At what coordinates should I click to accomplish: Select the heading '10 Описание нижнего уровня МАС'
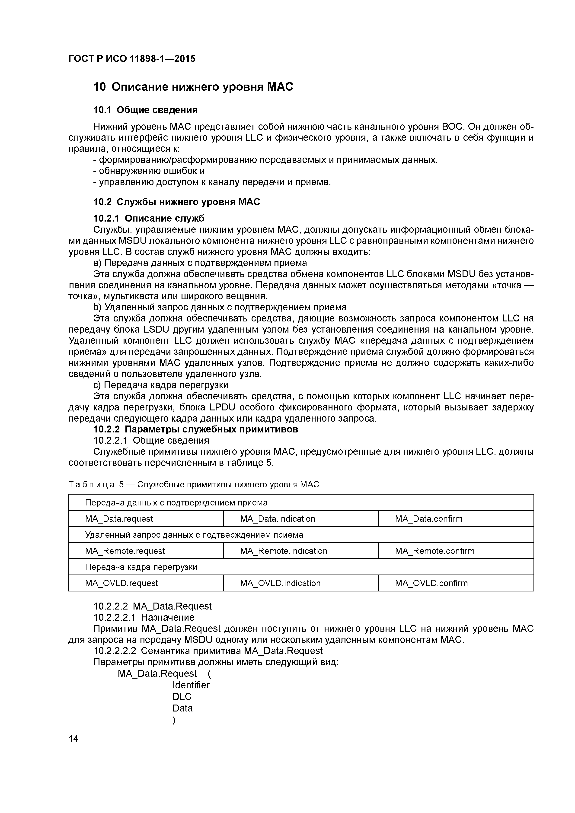pos(193,87)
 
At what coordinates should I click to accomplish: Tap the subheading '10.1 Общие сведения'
pos(145,110)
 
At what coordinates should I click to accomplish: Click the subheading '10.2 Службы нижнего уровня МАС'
pos(176,202)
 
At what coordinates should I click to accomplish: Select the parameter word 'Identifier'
pos(191,685)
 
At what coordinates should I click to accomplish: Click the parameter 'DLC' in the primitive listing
pos(182,696)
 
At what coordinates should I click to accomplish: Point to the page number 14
pos(73,739)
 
